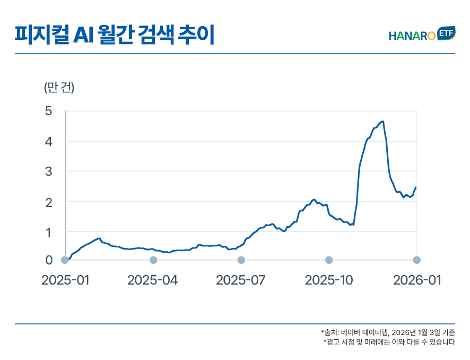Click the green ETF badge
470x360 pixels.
coord(446,33)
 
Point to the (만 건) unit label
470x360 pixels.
coord(59,88)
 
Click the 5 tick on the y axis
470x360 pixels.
coord(49,112)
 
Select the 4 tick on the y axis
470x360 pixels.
coord(49,142)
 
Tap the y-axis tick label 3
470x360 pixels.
coord(49,172)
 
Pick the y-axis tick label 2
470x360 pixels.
coord(49,202)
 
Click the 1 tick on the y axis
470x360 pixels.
coord(49,232)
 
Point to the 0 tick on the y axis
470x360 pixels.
coord(49,260)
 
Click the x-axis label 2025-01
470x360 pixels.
coord(65,280)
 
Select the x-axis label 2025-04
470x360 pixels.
coord(153,280)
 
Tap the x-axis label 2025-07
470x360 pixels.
coord(241,280)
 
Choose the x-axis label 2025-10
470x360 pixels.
coord(329,280)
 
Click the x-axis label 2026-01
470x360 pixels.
coord(416,280)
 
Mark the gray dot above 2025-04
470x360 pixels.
coord(153,260)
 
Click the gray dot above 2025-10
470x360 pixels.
coord(329,260)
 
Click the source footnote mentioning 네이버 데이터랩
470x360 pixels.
coord(388,332)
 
